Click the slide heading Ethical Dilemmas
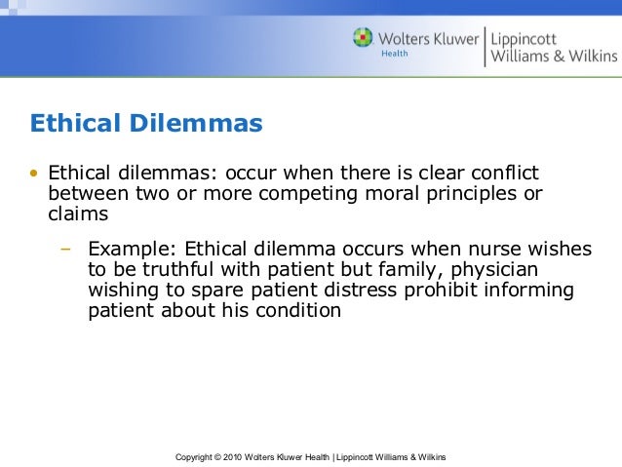146,124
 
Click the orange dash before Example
66,250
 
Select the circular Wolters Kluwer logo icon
363,40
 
